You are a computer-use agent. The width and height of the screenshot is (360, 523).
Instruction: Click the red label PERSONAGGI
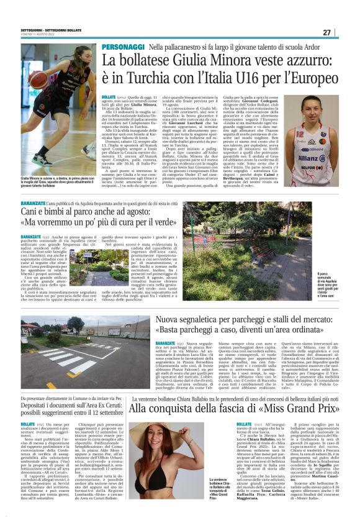(122, 47)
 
